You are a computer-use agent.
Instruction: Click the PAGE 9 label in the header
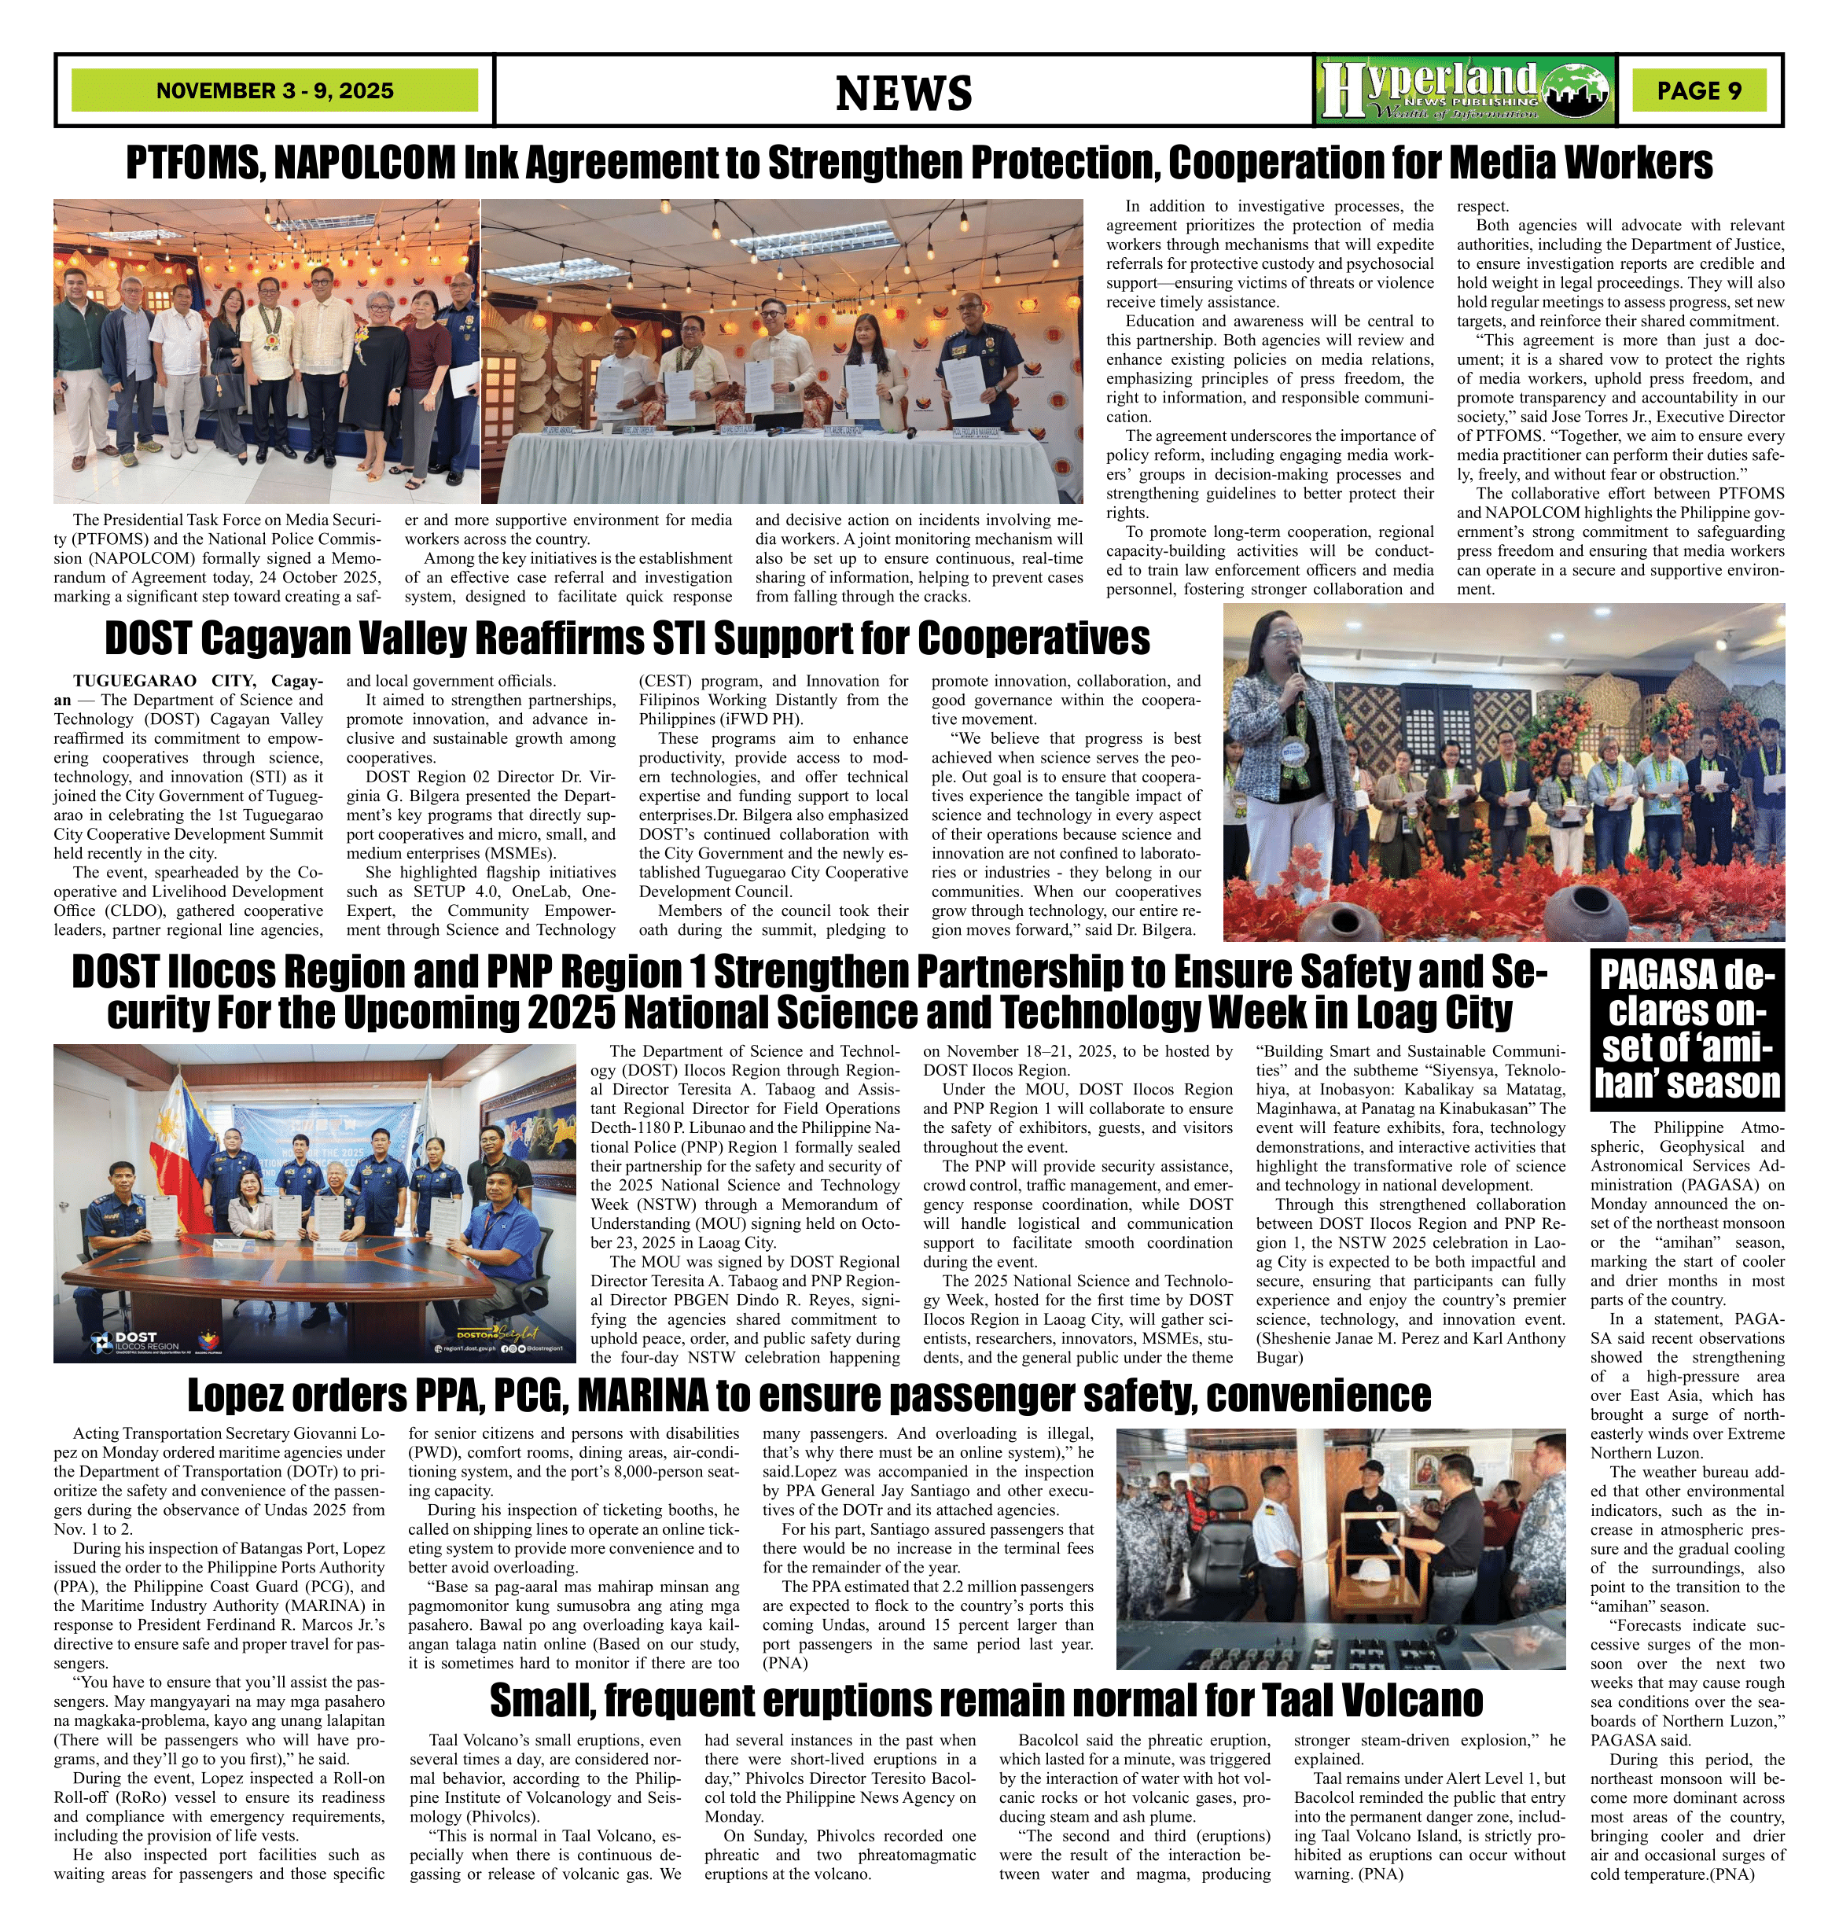(1699, 90)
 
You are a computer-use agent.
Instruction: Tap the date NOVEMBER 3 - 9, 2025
(274, 91)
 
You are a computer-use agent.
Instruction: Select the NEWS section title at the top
(903, 93)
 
